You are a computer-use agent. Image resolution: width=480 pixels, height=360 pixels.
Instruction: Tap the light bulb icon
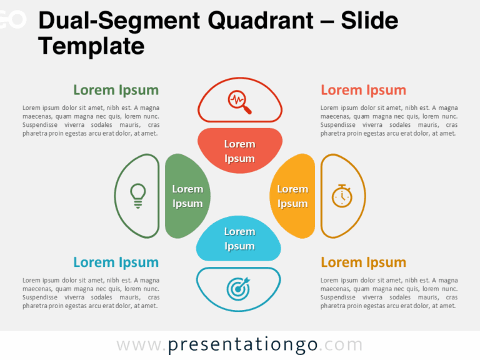click(x=137, y=196)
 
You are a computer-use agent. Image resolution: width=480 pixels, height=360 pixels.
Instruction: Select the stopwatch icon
click(x=342, y=196)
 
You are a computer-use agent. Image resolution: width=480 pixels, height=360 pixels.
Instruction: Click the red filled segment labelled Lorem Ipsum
click(x=240, y=151)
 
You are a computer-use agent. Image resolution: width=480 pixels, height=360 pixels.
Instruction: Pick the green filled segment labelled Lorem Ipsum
click(x=187, y=196)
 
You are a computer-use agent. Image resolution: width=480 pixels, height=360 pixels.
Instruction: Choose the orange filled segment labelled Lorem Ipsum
click(x=292, y=196)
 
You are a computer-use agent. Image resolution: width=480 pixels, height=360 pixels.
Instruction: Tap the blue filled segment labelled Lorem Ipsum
click(x=239, y=239)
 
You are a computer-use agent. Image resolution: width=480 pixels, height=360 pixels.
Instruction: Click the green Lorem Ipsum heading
click(x=116, y=90)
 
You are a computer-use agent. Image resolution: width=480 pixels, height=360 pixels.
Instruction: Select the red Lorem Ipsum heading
click(x=363, y=90)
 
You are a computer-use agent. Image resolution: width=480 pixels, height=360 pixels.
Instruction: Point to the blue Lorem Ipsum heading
click(x=116, y=262)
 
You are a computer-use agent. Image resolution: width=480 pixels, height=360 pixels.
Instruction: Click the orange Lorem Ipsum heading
click(x=363, y=262)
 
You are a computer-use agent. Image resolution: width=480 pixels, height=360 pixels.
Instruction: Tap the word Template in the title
click(x=91, y=46)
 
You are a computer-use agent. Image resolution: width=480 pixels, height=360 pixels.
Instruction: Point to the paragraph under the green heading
click(x=91, y=121)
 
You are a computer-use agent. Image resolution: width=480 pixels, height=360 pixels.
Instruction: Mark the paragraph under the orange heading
click(x=389, y=293)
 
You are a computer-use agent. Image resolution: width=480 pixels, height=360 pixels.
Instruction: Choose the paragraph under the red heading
click(x=389, y=121)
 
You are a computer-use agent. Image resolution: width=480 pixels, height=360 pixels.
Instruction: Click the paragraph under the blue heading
click(x=91, y=293)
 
